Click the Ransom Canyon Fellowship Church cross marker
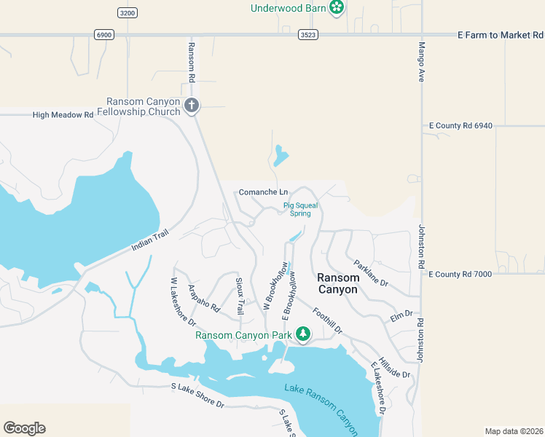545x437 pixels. click(x=192, y=106)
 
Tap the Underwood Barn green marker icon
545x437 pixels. click(x=337, y=8)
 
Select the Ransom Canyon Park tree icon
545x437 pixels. click(x=302, y=335)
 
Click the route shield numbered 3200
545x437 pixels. click(x=127, y=13)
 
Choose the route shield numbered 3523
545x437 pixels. click(x=308, y=34)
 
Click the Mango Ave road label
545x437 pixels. click(x=421, y=62)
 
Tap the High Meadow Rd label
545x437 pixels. click(x=63, y=114)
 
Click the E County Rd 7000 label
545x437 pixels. click(x=461, y=275)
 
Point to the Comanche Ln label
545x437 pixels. click(x=263, y=192)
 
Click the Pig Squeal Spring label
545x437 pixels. click(x=301, y=209)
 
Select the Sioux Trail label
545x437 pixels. click(x=239, y=296)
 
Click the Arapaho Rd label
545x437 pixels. click(x=204, y=298)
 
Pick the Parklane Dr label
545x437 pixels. click(x=371, y=272)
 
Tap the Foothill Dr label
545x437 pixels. click(x=327, y=320)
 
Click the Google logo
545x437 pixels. click(x=24, y=428)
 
